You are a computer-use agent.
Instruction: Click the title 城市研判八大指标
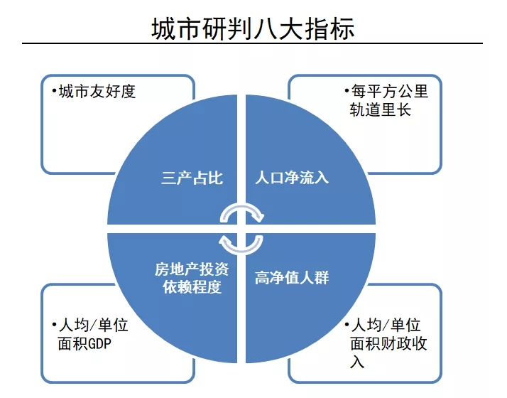click(253, 28)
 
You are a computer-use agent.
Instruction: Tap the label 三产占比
click(192, 178)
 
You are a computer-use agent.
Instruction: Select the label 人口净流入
click(292, 178)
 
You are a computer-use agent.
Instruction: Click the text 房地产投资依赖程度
click(192, 278)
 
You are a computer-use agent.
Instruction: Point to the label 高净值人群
click(292, 278)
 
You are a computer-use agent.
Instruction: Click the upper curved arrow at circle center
click(242, 208)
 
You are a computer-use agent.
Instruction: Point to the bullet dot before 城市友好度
click(54, 90)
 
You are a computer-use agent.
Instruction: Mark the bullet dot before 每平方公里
click(347, 90)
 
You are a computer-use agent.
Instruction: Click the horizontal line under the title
click(252, 43)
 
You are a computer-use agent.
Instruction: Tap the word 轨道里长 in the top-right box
click(381, 110)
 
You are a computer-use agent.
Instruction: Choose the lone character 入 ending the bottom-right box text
click(357, 362)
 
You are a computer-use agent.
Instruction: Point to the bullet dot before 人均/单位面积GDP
click(54, 324)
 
